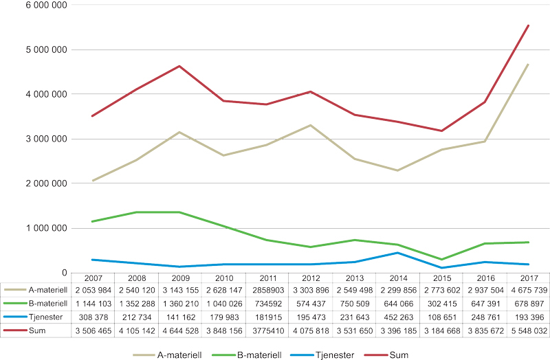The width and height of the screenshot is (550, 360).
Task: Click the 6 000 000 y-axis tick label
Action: pos(45,5)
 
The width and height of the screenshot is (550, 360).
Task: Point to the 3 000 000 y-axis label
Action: pos(45,139)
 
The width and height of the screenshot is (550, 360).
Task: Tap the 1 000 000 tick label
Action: pos(45,228)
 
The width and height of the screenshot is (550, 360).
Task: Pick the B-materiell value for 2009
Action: pos(179,302)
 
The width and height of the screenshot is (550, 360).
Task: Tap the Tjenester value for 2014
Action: pos(397,313)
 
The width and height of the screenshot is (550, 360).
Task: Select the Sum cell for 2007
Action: pos(91,324)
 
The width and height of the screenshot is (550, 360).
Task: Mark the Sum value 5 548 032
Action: pos(528,324)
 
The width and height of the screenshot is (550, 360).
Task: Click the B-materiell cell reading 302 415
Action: pos(441,302)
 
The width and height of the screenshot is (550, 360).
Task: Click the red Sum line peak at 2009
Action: pos(179,66)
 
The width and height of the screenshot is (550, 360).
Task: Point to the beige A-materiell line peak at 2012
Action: pos(310,125)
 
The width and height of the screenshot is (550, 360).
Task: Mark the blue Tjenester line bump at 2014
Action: pos(397,253)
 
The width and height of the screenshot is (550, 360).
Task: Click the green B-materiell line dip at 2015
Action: pos(441,260)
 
